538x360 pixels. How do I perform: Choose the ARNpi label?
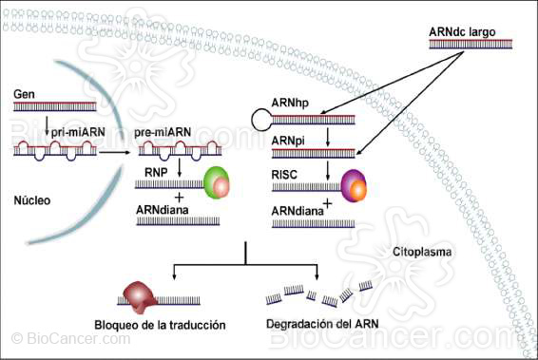click(289, 140)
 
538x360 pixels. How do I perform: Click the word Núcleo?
click(35, 201)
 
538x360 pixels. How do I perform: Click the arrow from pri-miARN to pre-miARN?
click(116, 151)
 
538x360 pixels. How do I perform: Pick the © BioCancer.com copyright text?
click(57, 339)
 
